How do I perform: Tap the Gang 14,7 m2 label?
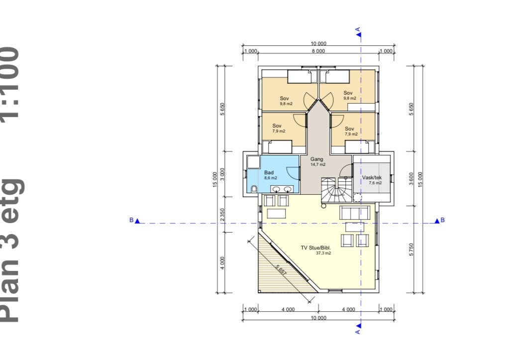point(317,161)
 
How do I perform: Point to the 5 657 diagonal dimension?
point(281,270)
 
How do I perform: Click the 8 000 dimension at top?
point(318,51)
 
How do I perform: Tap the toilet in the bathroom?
point(254,189)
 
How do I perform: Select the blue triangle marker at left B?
point(137,221)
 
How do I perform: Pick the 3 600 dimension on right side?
point(411,179)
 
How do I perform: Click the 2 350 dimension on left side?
point(222,215)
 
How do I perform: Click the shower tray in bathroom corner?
point(253,162)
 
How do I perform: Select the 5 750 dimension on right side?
point(411,249)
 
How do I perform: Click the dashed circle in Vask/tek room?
point(357,198)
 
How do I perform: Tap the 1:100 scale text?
point(11,82)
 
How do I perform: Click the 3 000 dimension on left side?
point(222,174)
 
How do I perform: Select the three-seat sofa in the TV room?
point(355,213)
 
